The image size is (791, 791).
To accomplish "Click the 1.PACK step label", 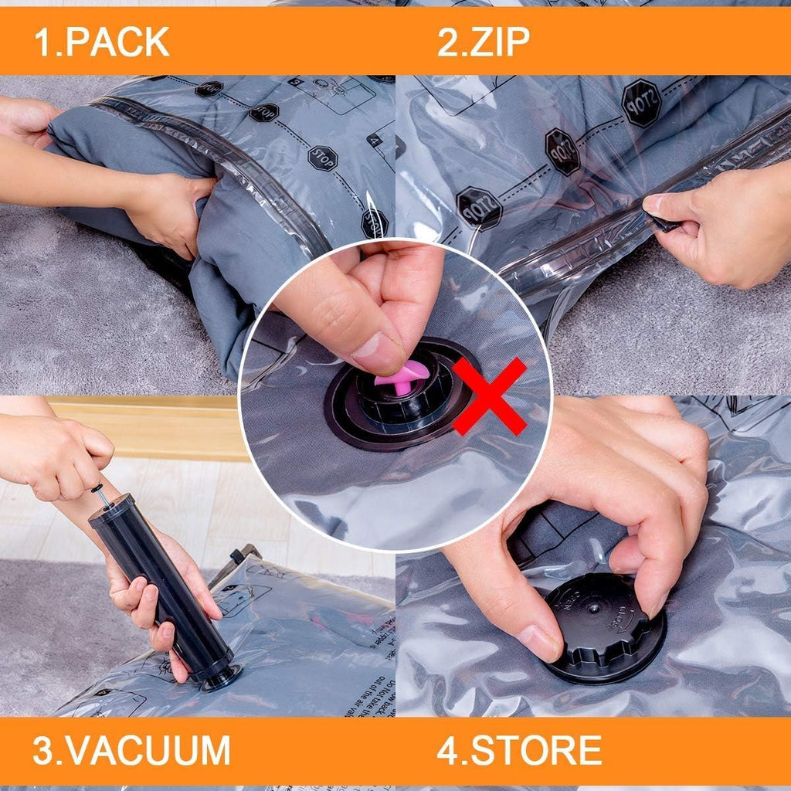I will tap(101, 42).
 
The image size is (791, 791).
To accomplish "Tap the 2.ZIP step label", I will tap(484, 42).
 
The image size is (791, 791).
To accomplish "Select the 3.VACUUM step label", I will tap(131, 750).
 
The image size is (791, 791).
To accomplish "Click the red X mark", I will tap(490, 395).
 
